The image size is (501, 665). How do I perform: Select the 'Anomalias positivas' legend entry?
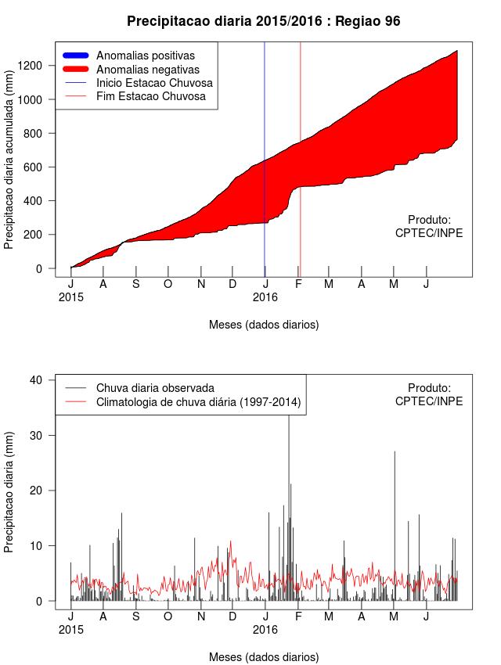[x=145, y=56]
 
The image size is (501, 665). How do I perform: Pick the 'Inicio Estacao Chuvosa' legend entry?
[x=154, y=83]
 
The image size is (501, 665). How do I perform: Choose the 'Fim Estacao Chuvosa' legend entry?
[x=150, y=96]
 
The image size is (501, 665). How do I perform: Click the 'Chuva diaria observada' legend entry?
[x=155, y=388]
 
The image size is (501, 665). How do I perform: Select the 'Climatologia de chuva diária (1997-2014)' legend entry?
[x=199, y=402]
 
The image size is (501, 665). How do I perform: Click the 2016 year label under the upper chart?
[x=265, y=297]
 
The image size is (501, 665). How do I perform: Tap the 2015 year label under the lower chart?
[x=70, y=629]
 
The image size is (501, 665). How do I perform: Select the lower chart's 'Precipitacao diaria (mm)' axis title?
[x=9, y=491]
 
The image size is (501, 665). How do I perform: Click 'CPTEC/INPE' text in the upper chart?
[x=429, y=232]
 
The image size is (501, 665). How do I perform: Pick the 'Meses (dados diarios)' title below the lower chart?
[x=264, y=656]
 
